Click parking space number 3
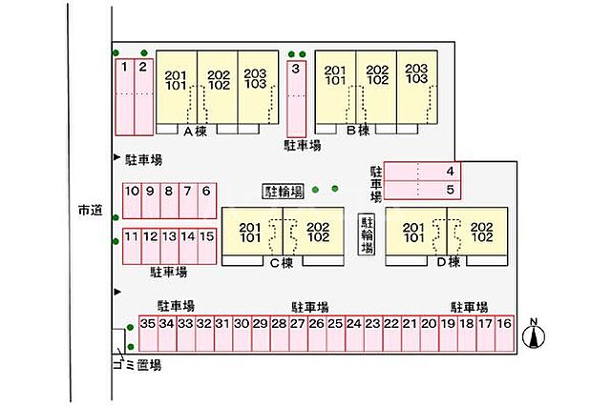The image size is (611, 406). (x=297, y=99)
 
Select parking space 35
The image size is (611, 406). (x=149, y=334)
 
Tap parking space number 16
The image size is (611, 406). (x=505, y=334)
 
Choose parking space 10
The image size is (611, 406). (x=132, y=201)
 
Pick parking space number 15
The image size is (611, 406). (x=207, y=246)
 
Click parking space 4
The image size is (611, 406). (x=422, y=172)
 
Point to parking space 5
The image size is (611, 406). (x=422, y=191)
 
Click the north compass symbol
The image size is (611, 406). (x=534, y=334)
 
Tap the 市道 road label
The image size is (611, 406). (x=90, y=211)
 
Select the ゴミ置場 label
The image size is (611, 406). (x=137, y=365)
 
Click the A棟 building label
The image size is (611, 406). (x=196, y=132)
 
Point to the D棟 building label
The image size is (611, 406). (x=449, y=262)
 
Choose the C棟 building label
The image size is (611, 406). (x=282, y=263)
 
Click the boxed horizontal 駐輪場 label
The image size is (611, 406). (x=284, y=192)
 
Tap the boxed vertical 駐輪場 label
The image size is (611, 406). (x=367, y=234)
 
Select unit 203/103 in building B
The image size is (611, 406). (x=417, y=87)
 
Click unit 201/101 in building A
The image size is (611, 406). (x=177, y=87)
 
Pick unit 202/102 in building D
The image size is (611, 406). (x=477, y=232)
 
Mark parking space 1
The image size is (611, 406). (x=125, y=97)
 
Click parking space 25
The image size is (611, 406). (x=335, y=334)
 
